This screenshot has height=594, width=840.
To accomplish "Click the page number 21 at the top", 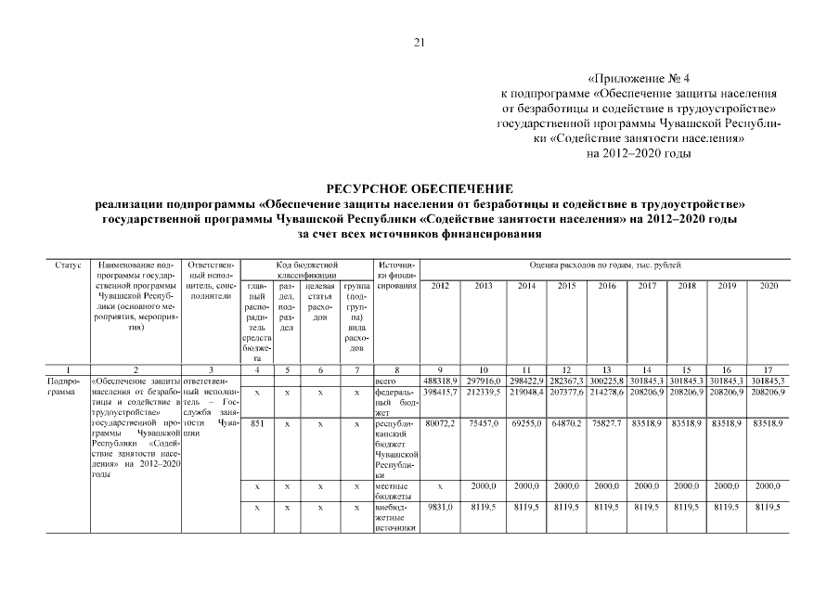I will pyautogui.click(x=419, y=42).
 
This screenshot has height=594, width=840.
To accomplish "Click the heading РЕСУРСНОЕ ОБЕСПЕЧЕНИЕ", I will pyautogui.click(x=420, y=188).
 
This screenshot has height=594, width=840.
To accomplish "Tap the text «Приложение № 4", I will pyautogui.click(x=640, y=80).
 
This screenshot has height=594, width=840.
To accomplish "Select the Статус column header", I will pyautogui.click(x=68, y=265).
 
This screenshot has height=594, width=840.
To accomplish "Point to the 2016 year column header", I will pyautogui.click(x=607, y=285).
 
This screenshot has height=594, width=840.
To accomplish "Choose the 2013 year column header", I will pyautogui.click(x=483, y=285).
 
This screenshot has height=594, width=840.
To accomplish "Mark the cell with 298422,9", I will pyautogui.click(x=525, y=381).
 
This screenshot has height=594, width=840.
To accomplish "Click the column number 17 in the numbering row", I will pyautogui.click(x=769, y=368).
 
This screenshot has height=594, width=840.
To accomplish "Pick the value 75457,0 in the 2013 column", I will pyautogui.click(x=483, y=423).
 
